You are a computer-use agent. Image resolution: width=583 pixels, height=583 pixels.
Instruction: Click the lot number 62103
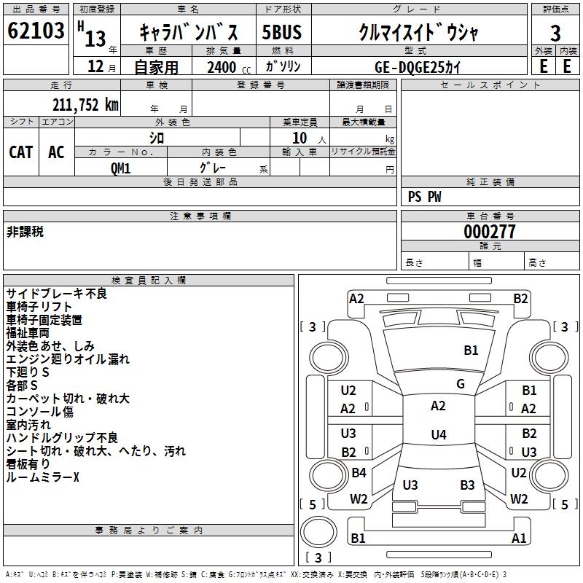click(36, 33)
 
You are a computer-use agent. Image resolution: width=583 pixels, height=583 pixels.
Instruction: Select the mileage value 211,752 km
click(85, 105)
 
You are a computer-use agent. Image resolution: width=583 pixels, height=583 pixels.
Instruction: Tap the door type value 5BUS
click(281, 33)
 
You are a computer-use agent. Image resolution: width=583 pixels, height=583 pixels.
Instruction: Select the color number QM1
click(120, 168)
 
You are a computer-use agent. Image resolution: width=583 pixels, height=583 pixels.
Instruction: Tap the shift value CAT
click(20, 152)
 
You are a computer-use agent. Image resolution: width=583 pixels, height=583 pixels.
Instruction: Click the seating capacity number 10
click(300, 138)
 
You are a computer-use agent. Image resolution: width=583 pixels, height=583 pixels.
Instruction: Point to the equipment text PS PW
click(424, 197)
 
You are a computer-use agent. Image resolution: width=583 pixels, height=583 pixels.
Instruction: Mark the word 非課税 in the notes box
click(25, 232)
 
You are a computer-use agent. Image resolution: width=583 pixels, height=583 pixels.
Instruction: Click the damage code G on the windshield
click(461, 384)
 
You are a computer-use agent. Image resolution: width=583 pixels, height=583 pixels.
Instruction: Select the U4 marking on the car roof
click(438, 435)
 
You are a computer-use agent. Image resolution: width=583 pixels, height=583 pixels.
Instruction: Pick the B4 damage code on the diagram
click(359, 473)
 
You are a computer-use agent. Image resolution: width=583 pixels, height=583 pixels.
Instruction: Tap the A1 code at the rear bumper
click(519, 539)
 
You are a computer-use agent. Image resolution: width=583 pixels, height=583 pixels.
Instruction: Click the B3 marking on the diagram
click(467, 485)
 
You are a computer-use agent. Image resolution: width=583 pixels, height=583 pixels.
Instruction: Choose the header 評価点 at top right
click(556, 9)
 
